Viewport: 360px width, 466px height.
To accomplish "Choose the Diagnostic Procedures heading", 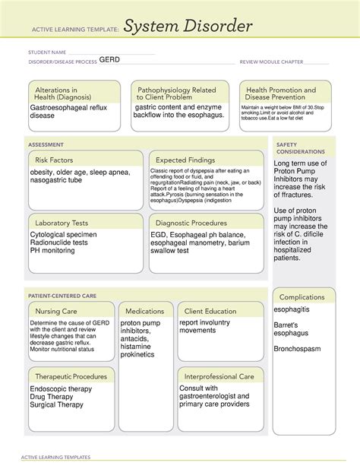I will pyautogui.click(x=191, y=223).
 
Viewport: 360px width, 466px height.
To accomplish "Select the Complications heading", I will pyautogui.click(x=302, y=297).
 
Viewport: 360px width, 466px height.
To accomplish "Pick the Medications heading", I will pyautogui.click(x=145, y=311).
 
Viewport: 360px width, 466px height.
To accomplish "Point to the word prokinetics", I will pyautogui.click(x=137, y=354).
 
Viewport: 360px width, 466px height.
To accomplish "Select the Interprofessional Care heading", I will pyautogui.click(x=220, y=376).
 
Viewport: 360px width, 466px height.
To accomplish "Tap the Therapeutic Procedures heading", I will pyautogui.click(x=71, y=376).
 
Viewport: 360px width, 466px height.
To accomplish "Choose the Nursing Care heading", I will pyautogui.click(x=55, y=311).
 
